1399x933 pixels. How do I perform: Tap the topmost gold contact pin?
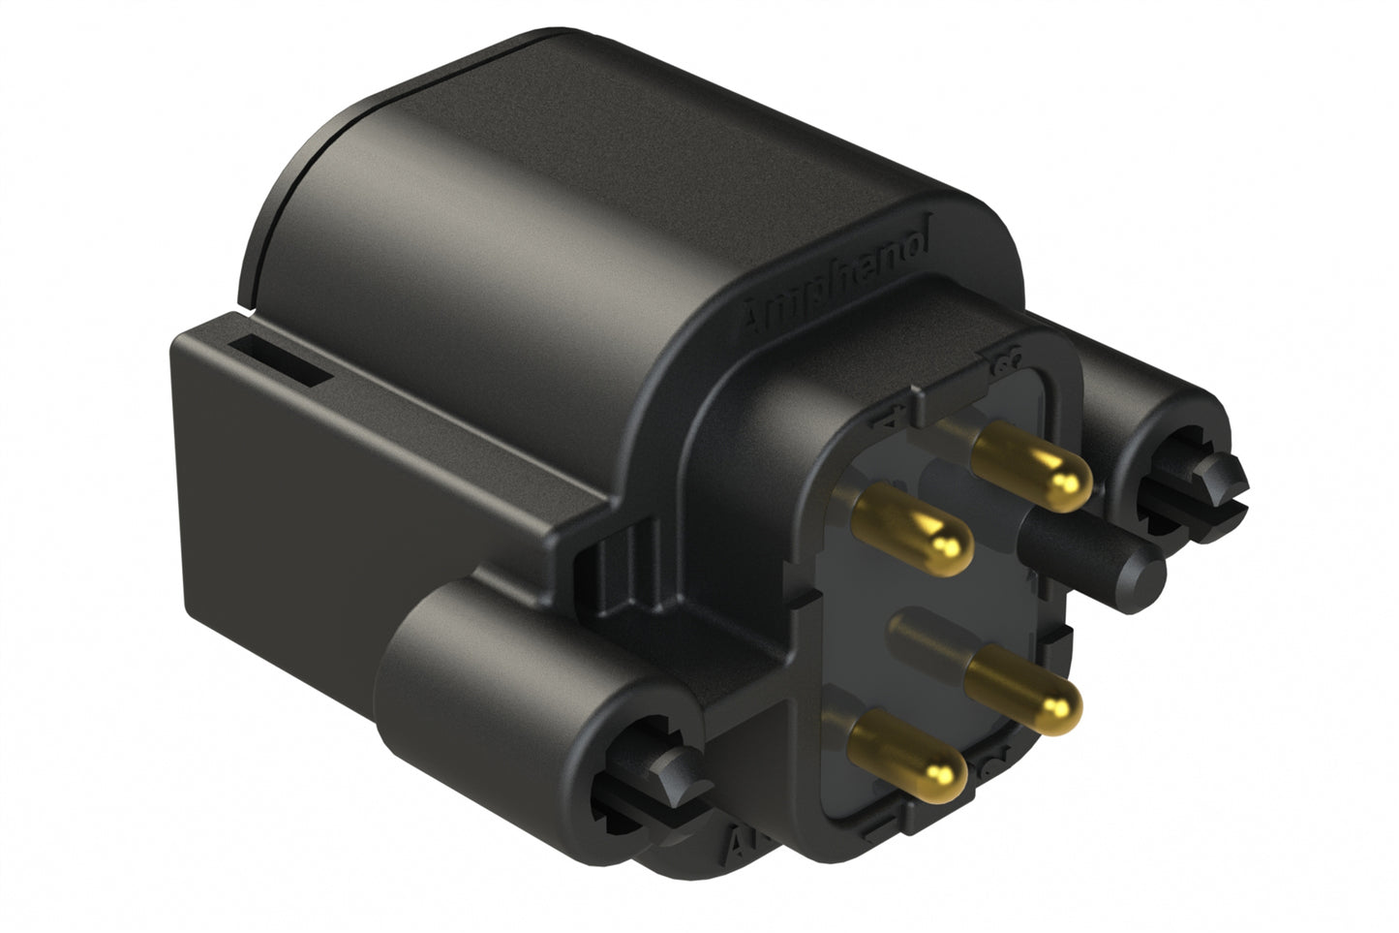point(1031,470)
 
